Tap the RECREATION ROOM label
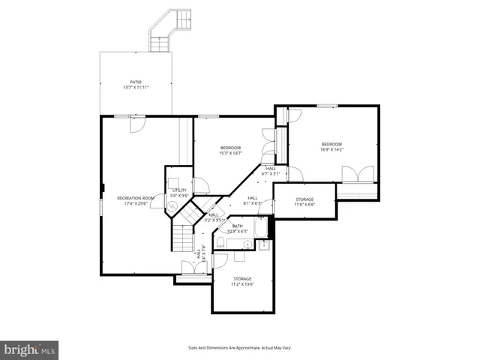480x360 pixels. (x=136, y=198)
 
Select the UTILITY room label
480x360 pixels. (x=179, y=190)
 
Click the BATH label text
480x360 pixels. (x=237, y=226)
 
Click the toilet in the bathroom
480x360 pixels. (x=231, y=242)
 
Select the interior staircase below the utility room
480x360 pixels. (x=182, y=237)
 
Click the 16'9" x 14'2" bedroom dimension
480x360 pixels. (x=331, y=149)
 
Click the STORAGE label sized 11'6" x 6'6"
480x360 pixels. (x=304, y=199)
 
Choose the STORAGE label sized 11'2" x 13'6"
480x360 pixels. (x=242, y=279)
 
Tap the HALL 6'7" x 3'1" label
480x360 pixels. (x=270, y=169)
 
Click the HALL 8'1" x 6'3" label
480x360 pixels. (x=253, y=198)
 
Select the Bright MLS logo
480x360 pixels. (x=30, y=349)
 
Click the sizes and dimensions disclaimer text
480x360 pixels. (x=239, y=348)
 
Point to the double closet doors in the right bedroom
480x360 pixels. (x=358, y=174)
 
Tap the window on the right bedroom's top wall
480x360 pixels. (x=325, y=106)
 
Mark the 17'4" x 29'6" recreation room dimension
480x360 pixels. (x=136, y=203)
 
